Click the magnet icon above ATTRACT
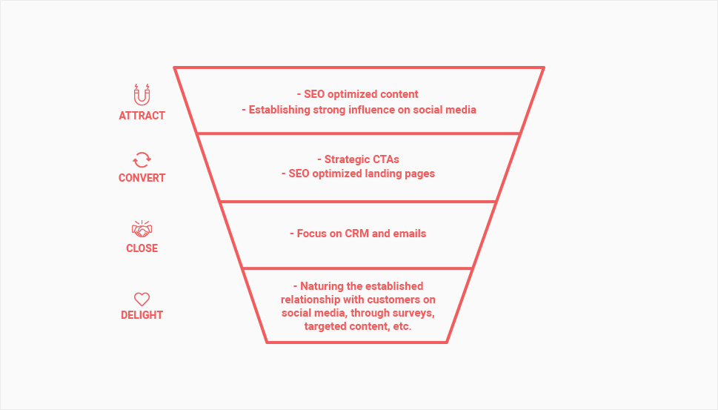pos(142,93)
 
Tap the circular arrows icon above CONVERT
pos(142,159)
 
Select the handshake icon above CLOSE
pos(142,228)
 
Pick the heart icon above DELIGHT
pos(142,299)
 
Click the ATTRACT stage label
pos(142,116)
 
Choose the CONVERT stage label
pos(142,178)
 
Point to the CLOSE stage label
pos(142,248)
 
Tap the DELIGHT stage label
pos(142,315)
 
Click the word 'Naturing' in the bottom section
pos(323,286)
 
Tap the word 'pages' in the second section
pos(421,173)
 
